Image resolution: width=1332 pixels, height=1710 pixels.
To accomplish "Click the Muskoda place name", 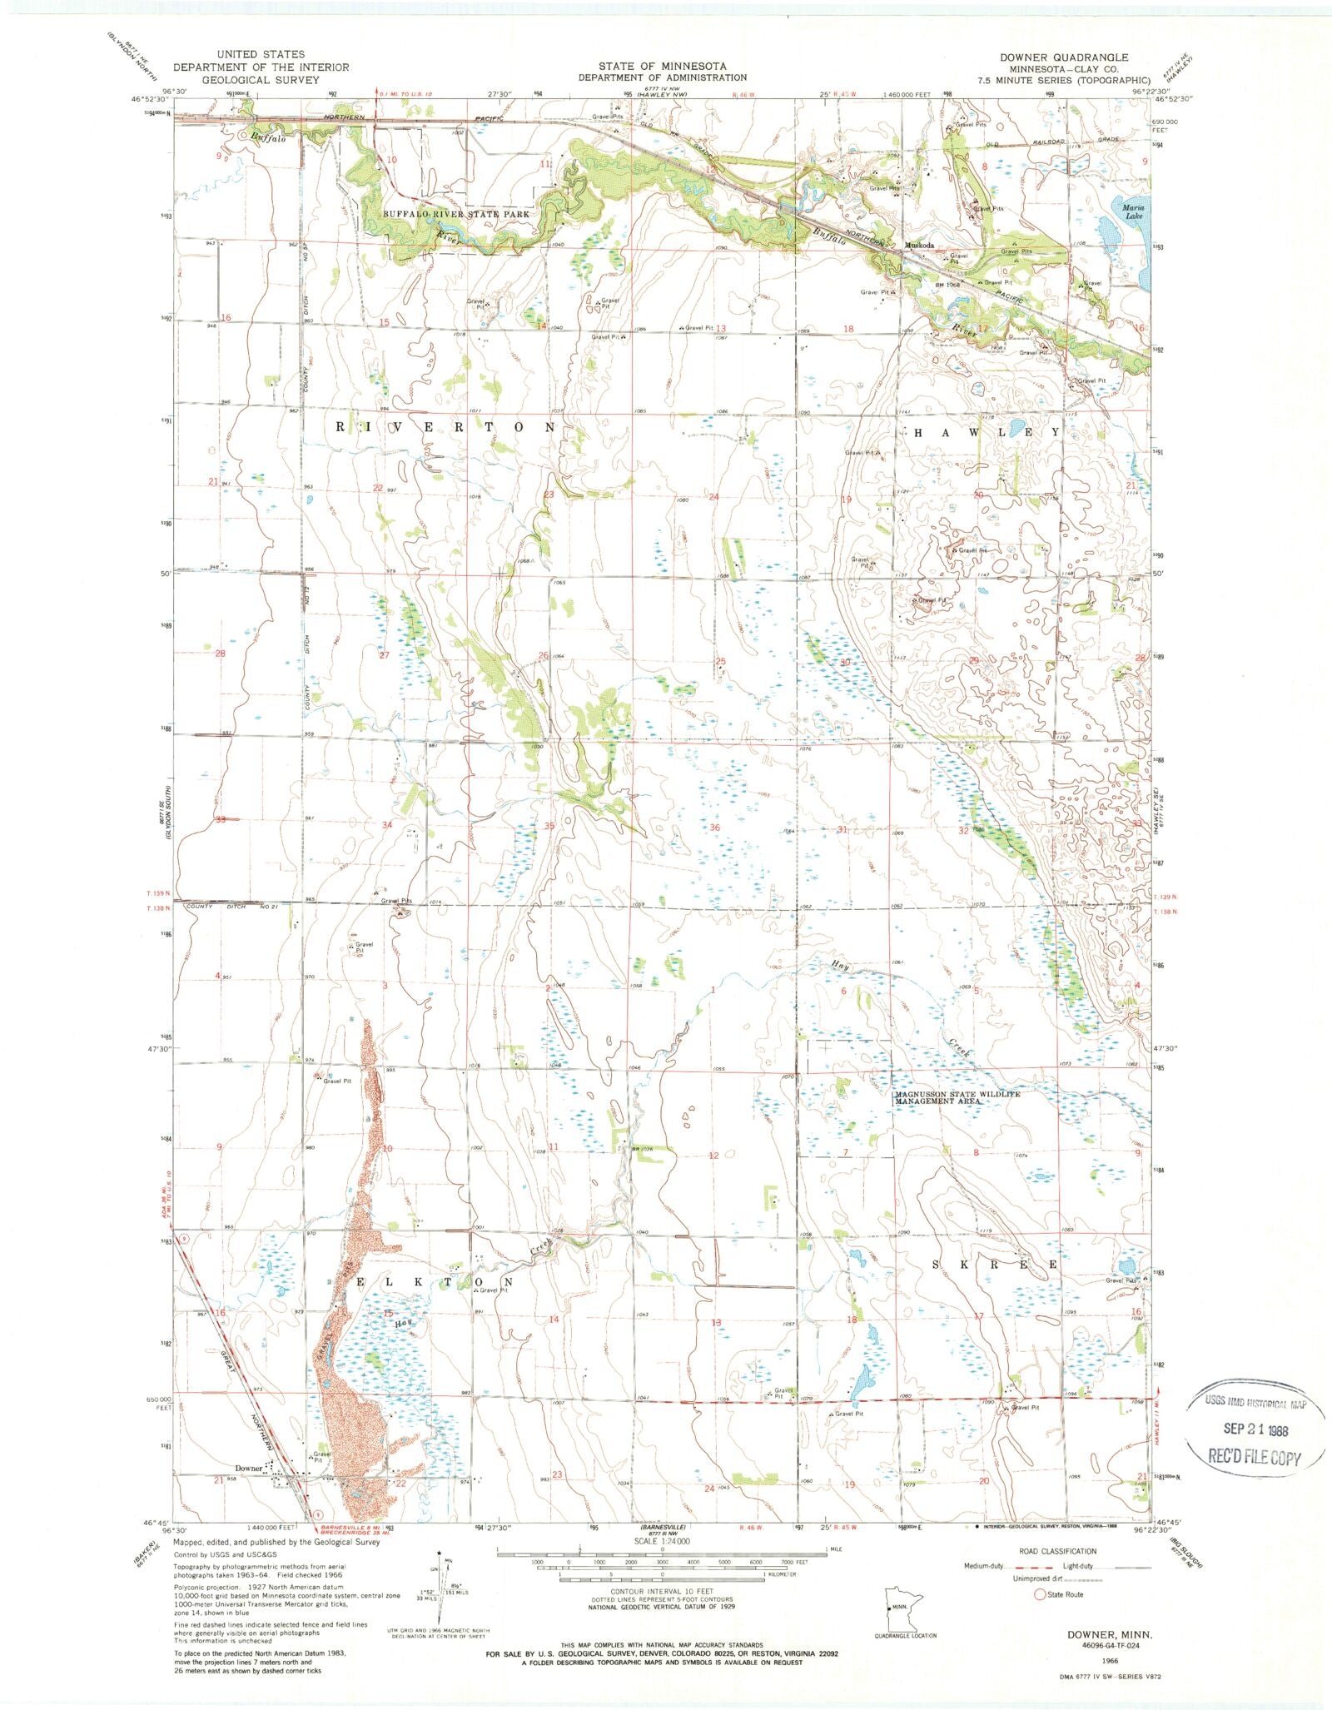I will click(x=922, y=246).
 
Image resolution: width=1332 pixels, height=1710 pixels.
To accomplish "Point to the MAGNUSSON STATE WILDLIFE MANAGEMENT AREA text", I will click(x=956, y=1097).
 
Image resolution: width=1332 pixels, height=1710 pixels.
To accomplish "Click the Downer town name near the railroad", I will click(x=249, y=1468).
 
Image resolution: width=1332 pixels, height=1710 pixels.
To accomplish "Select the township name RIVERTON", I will click(x=445, y=426).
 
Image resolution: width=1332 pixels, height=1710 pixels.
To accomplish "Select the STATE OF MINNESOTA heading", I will click(x=662, y=66).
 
